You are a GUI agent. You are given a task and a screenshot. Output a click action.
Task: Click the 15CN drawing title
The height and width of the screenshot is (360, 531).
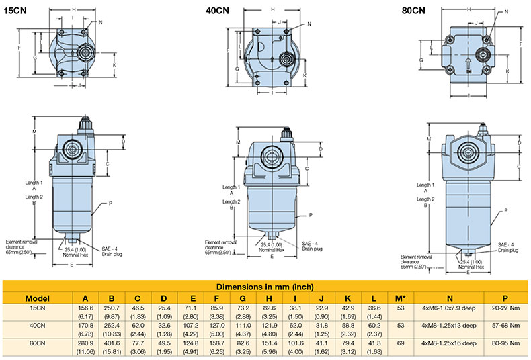15,11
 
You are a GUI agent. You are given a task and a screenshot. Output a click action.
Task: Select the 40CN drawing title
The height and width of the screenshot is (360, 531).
217,11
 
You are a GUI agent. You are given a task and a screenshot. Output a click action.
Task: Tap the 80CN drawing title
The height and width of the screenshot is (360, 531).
413,11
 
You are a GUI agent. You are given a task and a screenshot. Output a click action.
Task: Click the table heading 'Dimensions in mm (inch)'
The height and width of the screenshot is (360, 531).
265,287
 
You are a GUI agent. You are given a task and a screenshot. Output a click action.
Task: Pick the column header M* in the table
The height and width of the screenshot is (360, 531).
401,298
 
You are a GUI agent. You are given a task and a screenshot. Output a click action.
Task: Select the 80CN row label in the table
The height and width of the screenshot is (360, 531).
37,343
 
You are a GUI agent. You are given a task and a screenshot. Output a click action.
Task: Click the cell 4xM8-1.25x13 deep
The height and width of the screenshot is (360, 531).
449,326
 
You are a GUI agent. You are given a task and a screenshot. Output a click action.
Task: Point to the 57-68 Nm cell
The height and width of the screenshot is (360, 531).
505,326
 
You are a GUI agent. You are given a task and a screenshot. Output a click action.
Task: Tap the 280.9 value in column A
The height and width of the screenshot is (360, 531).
85,343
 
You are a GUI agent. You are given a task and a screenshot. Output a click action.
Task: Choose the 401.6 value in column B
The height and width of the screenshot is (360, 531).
112,343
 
